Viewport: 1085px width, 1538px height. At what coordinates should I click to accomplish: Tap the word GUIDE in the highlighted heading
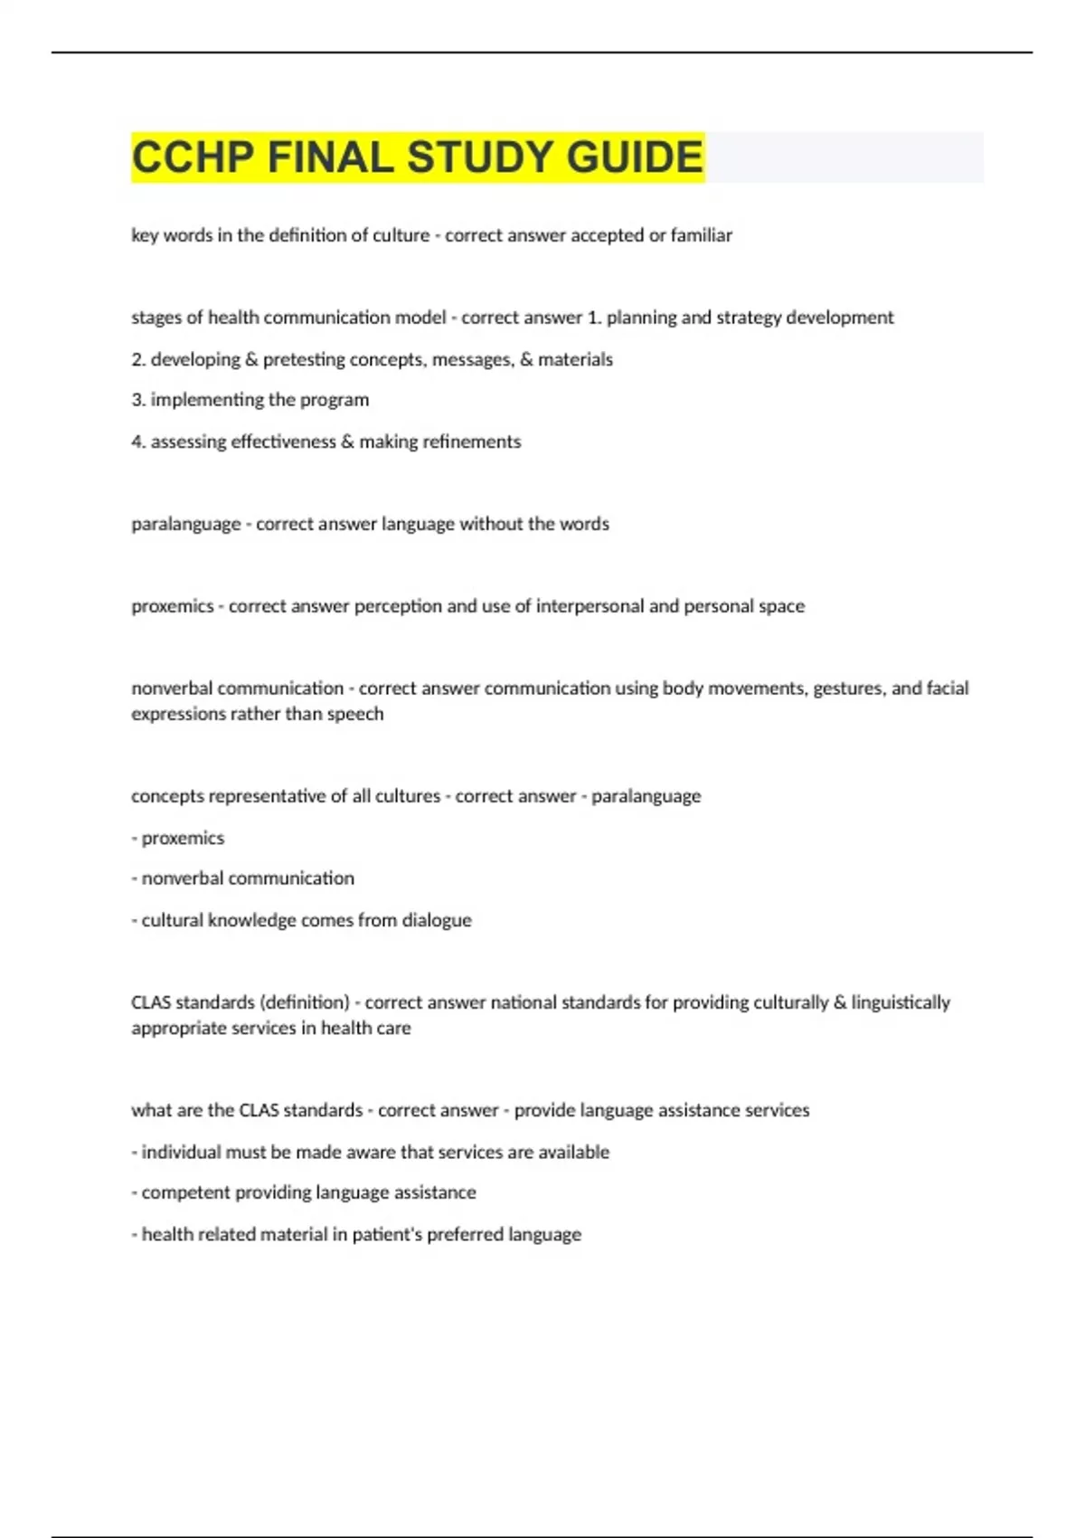click(x=635, y=157)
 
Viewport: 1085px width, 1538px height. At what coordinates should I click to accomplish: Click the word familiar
click(x=701, y=235)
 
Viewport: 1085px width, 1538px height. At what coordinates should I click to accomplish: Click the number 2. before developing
click(x=138, y=359)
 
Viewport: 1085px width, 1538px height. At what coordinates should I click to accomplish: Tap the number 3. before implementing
click(x=138, y=400)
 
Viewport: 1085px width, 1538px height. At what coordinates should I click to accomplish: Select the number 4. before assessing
click(x=138, y=441)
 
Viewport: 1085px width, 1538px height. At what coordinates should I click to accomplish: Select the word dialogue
click(x=437, y=920)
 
